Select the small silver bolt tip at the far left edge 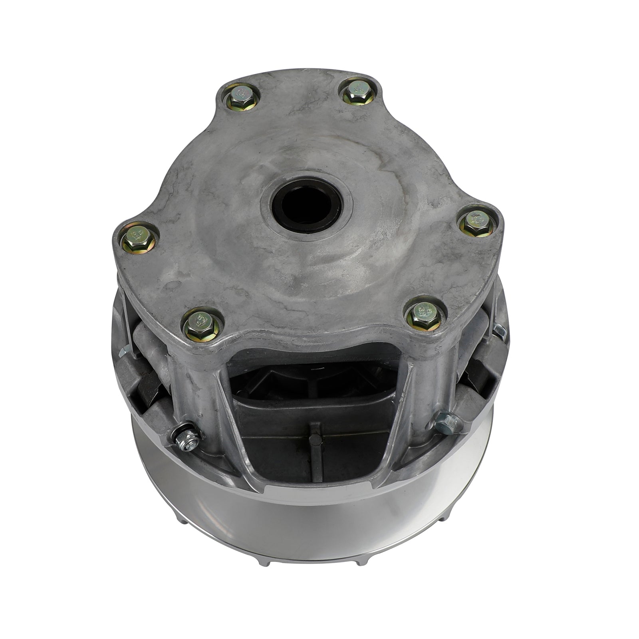click(125, 351)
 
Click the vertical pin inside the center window click(315, 447)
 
